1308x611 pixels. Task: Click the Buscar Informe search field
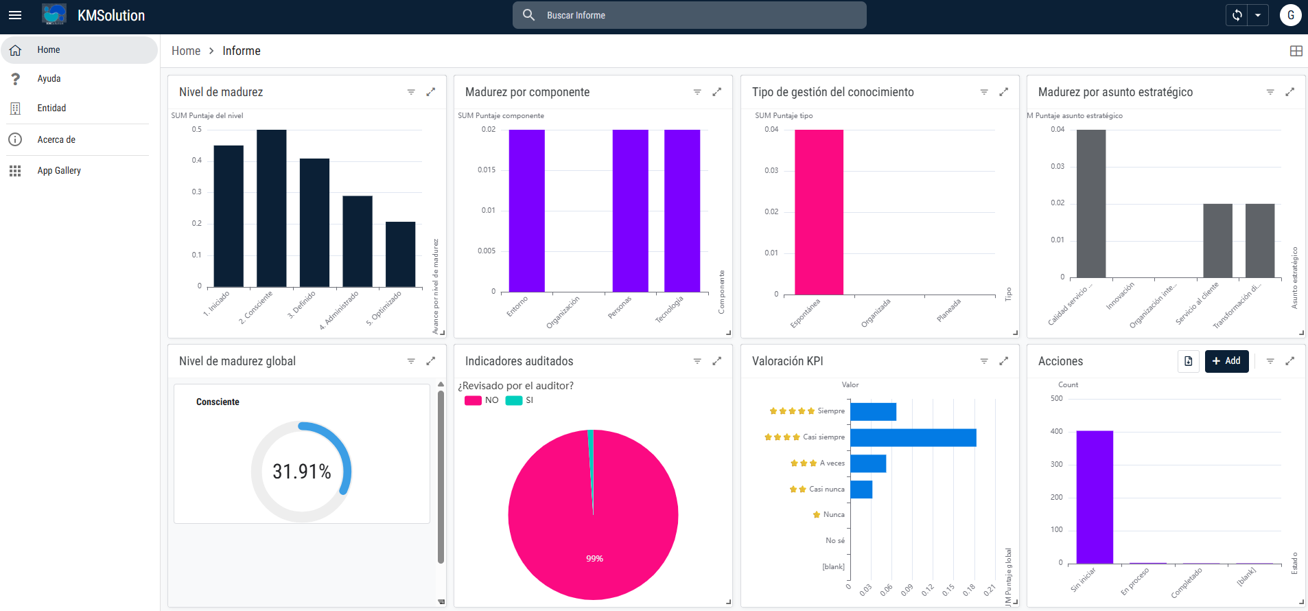pyautogui.click(x=689, y=15)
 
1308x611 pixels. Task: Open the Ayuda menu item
pyautogui.click(x=49, y=79)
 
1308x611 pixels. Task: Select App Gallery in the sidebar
pyautogui.click(x=58, y=171)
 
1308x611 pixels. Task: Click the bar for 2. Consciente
pyautogui.click(x=271, y=208)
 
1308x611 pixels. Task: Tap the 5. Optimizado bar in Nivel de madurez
pyautogui.click(x=400, y=254)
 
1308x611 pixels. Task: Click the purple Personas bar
pyautogui.click(x=630, y=211)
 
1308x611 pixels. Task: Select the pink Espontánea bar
pyautogui.click(x=819, y=212)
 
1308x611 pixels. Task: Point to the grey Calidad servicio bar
pyautogui.click(x=1090, y=204)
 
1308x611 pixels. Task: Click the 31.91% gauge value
pyautogui.click(x=302, y=472)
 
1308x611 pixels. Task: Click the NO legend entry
pyautogui.click(x=482, y=400)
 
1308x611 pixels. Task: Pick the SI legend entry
pyautogui.click(x=520, y=400)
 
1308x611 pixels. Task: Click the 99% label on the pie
pyautogui.click(x=594, y=559)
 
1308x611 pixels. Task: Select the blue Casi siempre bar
pyautogui.click(x=913, y=437)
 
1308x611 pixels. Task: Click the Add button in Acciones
pyautogui.click(x=1226, y=361)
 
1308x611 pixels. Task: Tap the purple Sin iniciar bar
pyautogui.click(x=1095, y=497)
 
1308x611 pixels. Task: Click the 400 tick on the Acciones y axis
pyautogui.click(x=1056, y=432)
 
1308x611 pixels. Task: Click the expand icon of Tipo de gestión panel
pyautogui.click(x=1003, y=92)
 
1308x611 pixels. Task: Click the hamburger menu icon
pyautogui.click(x=15, y=15)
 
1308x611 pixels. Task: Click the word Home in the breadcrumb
pyautogui.click(x=186, y=51)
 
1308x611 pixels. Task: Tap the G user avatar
pyautogui.click(x=1290, y=15)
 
